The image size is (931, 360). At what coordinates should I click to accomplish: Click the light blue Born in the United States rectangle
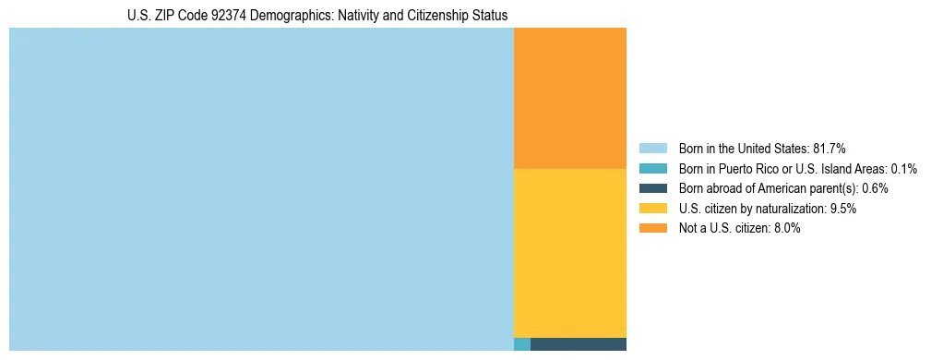click(261, 189)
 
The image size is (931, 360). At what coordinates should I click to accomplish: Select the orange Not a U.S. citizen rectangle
click(569, 98)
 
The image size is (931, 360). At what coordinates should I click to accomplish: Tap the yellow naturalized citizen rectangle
click(569, 253)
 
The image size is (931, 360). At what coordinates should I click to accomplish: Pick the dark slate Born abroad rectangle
click(579, 344)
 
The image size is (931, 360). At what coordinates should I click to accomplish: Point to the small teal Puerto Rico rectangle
click(522, 344)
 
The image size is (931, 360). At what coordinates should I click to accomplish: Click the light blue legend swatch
click(652, 148)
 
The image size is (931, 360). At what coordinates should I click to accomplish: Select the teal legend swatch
click(652, 168)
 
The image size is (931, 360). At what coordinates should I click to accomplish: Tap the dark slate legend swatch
click(652, 188)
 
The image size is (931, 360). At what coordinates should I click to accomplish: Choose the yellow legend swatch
click(652, 209)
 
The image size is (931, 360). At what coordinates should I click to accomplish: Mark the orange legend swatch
click(652, 229)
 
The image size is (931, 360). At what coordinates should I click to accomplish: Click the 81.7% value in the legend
click(830, 148)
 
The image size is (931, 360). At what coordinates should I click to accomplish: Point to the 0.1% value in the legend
click(904, 168)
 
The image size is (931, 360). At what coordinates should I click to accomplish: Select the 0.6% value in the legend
click(875, 188)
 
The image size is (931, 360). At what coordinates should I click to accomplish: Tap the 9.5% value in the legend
click(843, 209)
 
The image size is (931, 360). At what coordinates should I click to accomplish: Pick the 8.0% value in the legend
click(787, 229)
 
